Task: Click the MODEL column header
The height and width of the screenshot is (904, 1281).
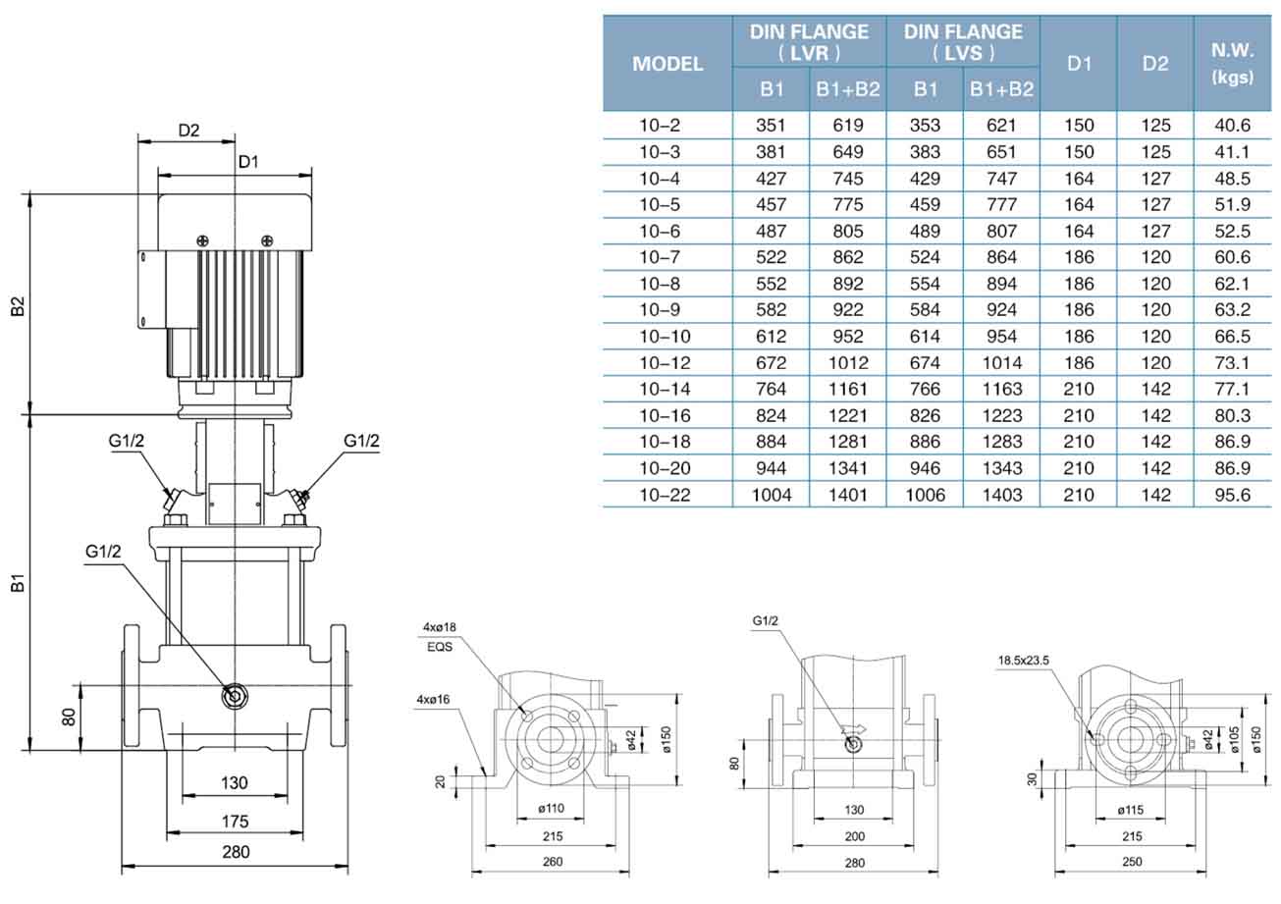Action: pos(667,64)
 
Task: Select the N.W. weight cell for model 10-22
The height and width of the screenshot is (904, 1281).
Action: pos(1232,495)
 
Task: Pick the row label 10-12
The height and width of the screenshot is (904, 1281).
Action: pos(666,362)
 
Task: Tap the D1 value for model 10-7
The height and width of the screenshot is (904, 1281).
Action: pos(1079,257)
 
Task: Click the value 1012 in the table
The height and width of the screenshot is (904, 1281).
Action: pos(848,362)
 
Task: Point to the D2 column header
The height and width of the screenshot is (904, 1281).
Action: pos(1155,64)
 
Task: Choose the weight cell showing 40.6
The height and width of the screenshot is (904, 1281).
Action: pos(1232,126)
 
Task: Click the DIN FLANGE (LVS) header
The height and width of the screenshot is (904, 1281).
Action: pos(963,42)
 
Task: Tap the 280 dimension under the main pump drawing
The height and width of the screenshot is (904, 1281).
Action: pos(236,852)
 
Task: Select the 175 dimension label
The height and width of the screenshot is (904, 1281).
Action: pos(235,822)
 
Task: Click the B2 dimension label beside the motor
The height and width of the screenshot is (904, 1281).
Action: pos(18,306)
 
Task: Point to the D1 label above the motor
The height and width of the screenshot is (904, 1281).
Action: pos(248,162)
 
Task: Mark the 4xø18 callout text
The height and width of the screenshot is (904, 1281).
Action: pos(439,627)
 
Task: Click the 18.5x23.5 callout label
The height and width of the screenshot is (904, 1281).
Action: pos(1024,661)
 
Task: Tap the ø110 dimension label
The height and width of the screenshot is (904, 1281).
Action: pos(552,808)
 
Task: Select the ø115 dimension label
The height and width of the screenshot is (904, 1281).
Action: pos(1131,810)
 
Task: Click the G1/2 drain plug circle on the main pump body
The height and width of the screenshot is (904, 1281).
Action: pos(234,696)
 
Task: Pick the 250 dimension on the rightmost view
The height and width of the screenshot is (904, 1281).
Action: pos(1132,862)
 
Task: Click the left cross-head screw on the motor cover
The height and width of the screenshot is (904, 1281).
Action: pos(202,240)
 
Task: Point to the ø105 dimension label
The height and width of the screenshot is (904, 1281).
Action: pos(1234,740)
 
